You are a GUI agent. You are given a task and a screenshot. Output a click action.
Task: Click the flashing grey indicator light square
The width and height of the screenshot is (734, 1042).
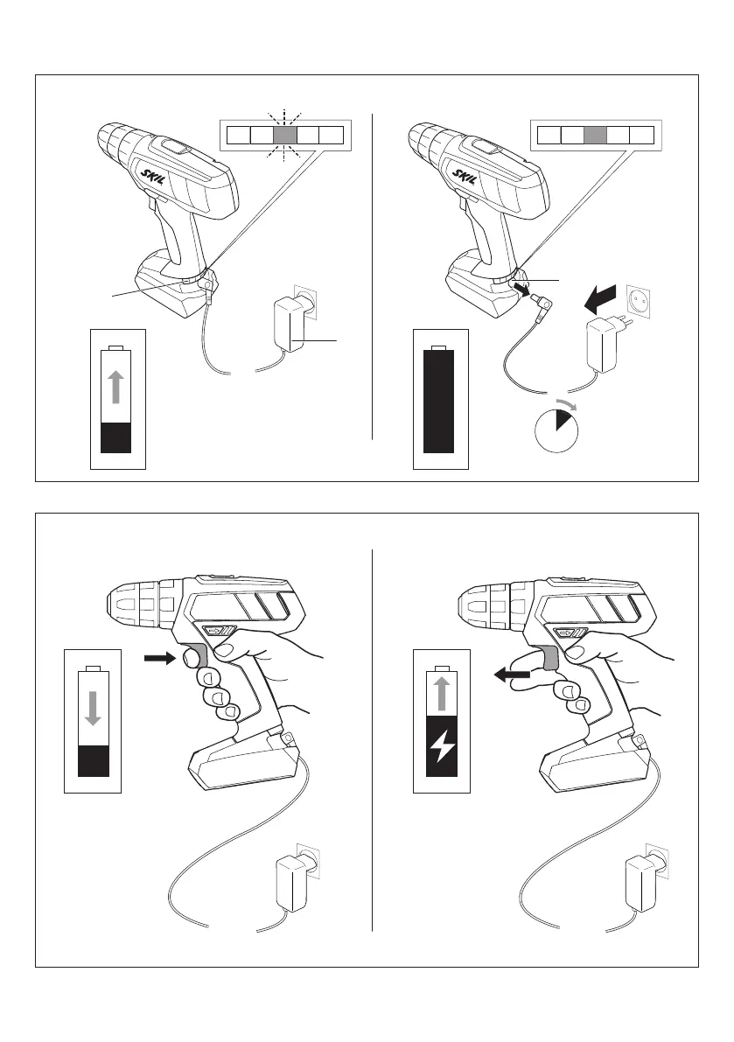(x=284, y=136)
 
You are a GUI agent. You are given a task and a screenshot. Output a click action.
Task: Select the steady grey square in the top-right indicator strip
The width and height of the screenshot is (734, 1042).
(x=595, y=136)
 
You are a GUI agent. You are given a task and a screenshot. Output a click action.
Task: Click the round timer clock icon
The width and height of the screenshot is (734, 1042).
(x=556, y=430)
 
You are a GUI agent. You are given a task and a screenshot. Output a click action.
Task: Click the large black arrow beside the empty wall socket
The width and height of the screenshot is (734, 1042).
(x=604, y=302)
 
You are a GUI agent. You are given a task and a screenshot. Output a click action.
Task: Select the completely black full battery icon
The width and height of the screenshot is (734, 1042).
(x=439, y=401)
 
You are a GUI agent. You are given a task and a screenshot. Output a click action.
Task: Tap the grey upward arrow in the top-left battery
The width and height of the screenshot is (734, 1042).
(x=116, y=385)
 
